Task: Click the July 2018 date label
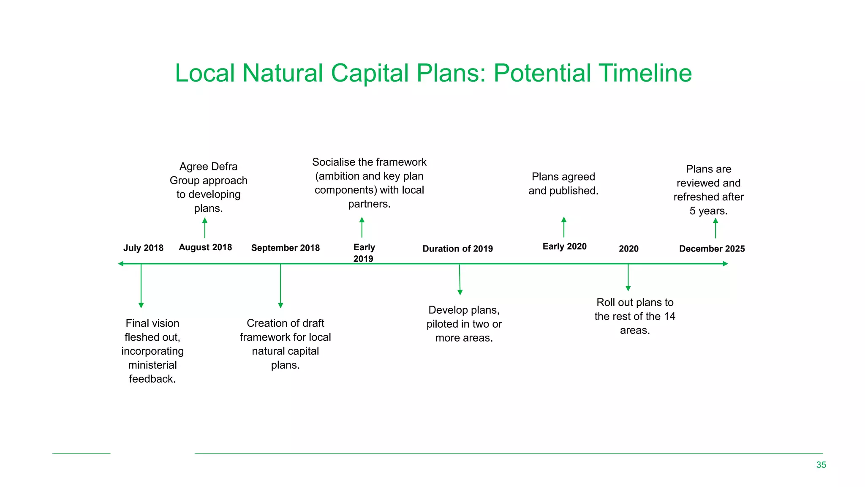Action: pos(143,248)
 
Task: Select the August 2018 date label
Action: pos(205,247)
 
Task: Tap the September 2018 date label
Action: pos(285,248)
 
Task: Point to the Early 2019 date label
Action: pos(364,253)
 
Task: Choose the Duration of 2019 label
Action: pos(457,249)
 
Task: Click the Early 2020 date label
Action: pos(564,246)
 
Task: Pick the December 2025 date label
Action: pos(712,249)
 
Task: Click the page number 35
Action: pos(821,465)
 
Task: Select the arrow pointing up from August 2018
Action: pos(205,228)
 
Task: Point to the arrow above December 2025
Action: pos(715,228)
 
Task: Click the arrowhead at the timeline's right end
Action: pos(725,264)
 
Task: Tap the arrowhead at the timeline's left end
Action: pos(121,264)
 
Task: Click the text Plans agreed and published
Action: pos(563,183)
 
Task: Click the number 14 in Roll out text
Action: pos(669,316)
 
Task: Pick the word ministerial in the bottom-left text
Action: pos(152,365)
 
